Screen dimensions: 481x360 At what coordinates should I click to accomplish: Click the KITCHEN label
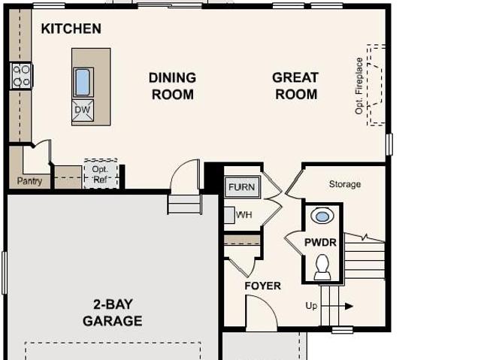click(71, 29)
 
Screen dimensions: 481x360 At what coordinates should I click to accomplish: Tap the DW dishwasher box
click(83, 110)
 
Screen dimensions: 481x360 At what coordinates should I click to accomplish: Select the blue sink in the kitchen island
click(83, 82)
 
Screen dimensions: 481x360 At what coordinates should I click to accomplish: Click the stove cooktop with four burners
click(21, 75)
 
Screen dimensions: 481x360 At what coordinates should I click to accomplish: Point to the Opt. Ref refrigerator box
click(101, 174)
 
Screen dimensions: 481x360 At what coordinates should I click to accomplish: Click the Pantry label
click(29, 181)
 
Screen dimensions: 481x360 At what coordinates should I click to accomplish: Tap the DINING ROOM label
click(172, 86)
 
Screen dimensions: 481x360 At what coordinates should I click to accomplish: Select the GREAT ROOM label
click(295, 86)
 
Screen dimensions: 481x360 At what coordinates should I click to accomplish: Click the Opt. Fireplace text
click(359, 86)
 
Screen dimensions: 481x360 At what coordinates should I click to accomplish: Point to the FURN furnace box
click(242, 187)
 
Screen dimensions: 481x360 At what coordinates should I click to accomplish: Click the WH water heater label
click(244, 215)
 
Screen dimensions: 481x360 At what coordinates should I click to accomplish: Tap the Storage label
click(345, 184)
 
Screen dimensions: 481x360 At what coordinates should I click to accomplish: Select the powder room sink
click(322, 216)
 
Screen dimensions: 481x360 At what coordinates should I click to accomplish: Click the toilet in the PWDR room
click(322, 267)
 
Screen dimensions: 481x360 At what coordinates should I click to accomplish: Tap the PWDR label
click(320, 243)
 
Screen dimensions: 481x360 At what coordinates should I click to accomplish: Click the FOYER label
click(262, 286)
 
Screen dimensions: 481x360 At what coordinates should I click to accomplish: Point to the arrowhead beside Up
click(349, 306)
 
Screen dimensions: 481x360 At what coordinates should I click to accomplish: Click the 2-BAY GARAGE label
click(113, 313)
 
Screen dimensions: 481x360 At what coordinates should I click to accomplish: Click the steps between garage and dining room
click(185, 204)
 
